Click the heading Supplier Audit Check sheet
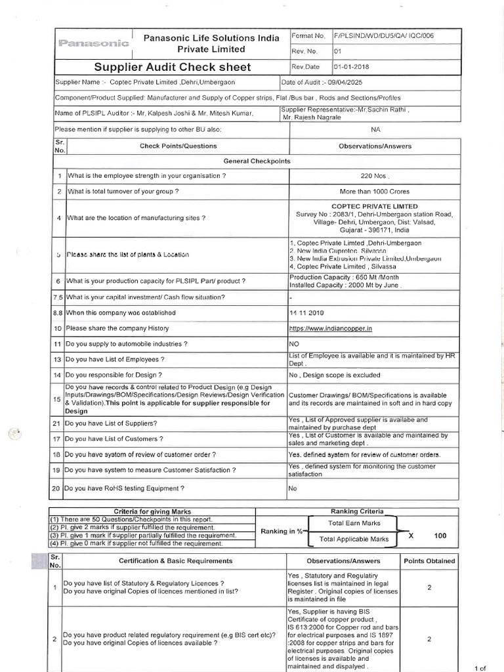coord(172,67)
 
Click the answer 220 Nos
coord(375,176)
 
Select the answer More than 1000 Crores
coord(374,192)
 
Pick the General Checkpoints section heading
coord(257,161)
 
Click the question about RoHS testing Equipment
coord(125,488)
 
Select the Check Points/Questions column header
coord(178,146)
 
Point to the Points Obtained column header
coord(429,561)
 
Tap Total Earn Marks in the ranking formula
coord(354,523)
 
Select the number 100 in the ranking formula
coord(440,536)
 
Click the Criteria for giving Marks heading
coord(152,511)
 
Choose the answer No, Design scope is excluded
coord(334,375)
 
